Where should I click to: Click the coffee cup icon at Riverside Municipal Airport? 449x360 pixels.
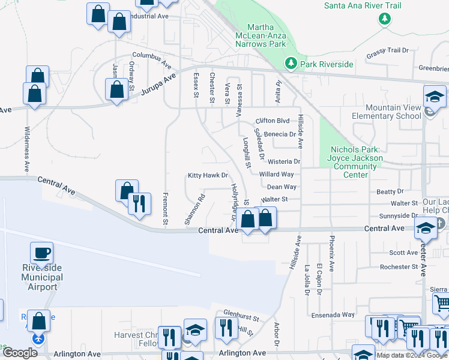[x=41, y=253]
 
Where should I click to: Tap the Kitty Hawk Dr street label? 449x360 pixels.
[x=208, y=176]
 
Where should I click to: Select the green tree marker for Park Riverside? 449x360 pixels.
[x=291, y=62]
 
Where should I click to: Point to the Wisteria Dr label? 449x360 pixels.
[x=283, y=161]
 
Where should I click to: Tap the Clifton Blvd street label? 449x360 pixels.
[x=276, y=120]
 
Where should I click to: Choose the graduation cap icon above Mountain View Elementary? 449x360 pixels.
[x=435, y=97]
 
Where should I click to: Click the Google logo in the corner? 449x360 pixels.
[x=20, y=353]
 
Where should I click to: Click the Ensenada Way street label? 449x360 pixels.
[x=332, y=314]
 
